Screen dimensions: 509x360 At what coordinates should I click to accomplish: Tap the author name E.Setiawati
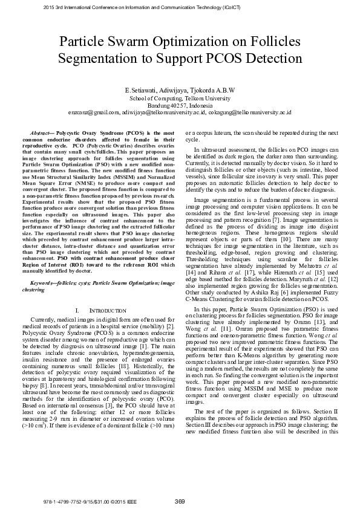pyautogui.click(x=143, y=90)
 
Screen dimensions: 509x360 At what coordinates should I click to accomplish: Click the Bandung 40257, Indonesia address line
pyautogui.click(x=180, y=105)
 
